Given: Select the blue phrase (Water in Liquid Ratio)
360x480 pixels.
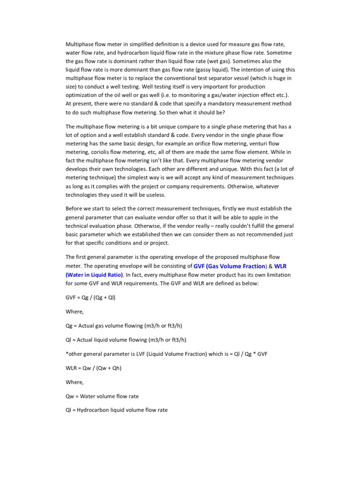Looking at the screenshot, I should (x=94, y=275).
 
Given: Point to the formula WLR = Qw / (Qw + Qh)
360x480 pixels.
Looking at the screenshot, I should (x=94, y=368).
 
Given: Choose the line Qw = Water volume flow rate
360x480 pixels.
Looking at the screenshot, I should (x=102, y=396).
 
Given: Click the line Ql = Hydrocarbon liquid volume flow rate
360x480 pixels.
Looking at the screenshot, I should (x=117, y=410).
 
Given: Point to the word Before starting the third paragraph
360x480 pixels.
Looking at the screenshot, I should (x=75, y=209).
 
